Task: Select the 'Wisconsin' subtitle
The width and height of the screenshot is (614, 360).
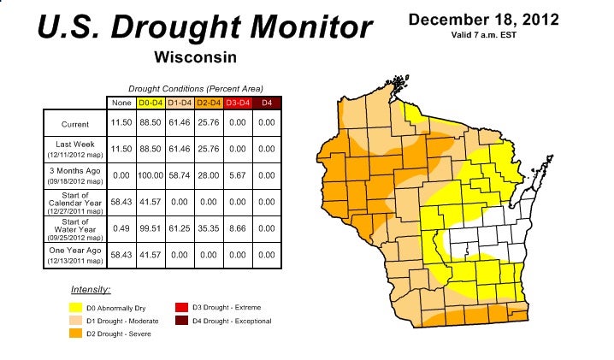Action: (195, 57)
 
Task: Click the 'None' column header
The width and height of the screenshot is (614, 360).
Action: (121, 103)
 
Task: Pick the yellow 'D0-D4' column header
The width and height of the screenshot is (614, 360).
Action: (151, 103)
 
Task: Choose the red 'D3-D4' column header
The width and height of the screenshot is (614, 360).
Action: (237, 103)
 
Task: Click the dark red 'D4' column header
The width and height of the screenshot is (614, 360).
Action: (266, 103)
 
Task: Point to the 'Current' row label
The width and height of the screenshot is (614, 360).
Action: (75, 125)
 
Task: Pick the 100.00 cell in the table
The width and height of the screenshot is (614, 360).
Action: (151, 175)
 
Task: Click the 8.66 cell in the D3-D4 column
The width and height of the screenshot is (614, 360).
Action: (237, 228)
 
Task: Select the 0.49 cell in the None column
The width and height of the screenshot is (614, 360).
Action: (121, 228)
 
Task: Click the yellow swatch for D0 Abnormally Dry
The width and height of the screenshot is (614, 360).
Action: (76, 307)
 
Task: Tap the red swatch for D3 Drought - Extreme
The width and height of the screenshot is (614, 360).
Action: (180, 306)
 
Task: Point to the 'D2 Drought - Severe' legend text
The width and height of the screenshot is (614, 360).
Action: (119, 333)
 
